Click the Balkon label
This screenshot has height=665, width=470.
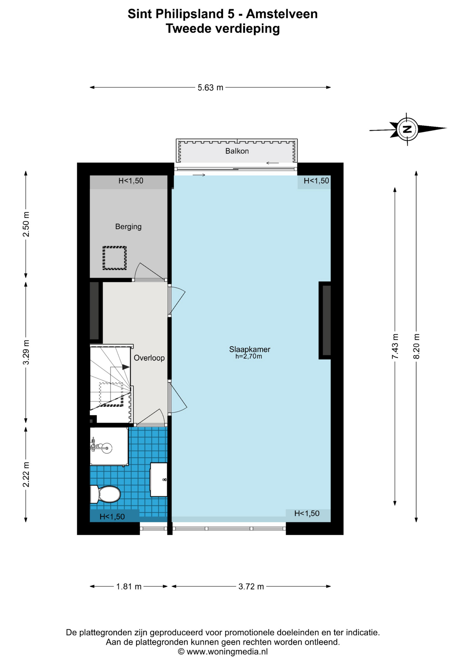[x=237, y=151]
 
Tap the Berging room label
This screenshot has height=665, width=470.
[x=128, y=227]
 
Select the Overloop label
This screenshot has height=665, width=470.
[x=149, y=358]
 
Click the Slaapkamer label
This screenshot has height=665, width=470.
[x=250, y=349]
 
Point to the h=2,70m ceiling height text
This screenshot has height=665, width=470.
[x=248, y=356]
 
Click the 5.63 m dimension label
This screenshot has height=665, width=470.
[x=210, y=88]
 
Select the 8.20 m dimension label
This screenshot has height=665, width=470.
[x=417, y=346]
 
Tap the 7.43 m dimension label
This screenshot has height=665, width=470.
[x=395, y=346]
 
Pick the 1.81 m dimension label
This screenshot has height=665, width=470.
[x=129, y=587]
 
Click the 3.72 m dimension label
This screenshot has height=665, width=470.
[x=251, y=587]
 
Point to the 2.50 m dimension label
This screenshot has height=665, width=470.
[x=26, y=224]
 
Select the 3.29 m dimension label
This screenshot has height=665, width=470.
[x=26, y=352]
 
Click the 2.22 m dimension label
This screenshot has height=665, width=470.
[x=26, y=475]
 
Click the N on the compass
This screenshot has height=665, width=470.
[x=407, y=130]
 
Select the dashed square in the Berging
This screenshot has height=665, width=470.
[x=115, y=258]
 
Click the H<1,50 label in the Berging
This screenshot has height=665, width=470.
[x=131, y=181]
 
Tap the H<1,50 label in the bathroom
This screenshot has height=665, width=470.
[x=112, y=517]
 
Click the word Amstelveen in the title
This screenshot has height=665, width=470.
[x=282, y=14]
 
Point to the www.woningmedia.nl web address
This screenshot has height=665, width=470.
[x=227, y=652]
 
